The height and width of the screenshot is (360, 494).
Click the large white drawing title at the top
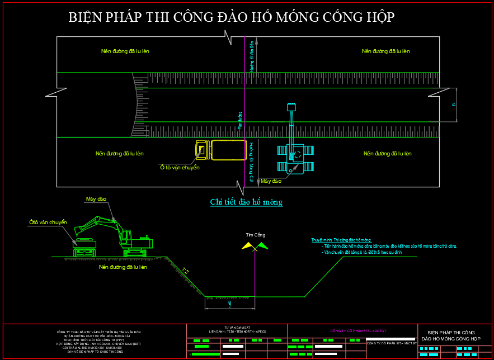232,18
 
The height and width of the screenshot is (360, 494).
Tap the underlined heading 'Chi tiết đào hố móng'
246,202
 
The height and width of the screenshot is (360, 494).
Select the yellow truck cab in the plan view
202,150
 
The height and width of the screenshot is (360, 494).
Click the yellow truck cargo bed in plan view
228,150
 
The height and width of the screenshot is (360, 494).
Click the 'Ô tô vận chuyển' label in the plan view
180,167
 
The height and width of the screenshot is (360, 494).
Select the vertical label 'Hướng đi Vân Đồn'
252,56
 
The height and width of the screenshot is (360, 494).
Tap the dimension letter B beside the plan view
454,105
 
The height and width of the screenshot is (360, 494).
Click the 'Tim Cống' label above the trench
256,234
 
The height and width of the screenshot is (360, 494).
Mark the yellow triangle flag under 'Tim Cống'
247,245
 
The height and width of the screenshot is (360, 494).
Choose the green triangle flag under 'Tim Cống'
262,245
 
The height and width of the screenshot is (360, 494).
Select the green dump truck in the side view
84,244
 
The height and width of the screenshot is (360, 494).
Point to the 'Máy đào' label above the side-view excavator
96,198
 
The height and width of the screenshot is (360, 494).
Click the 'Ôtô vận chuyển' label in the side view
48,222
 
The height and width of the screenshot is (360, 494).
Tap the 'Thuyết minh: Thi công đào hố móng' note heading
341,240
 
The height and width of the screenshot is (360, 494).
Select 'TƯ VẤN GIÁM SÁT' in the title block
237,328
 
